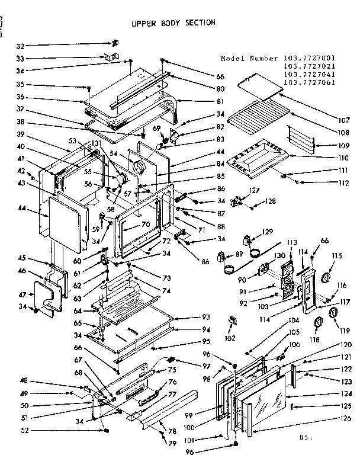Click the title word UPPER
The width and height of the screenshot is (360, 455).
(x=144, y=23)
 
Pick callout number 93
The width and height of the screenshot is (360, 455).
(x=206, y=317)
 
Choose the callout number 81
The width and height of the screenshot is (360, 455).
(x=204, y=101)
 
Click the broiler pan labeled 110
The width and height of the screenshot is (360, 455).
(x=258, y=157)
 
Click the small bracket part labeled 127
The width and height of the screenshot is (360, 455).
(x=239, y=201)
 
